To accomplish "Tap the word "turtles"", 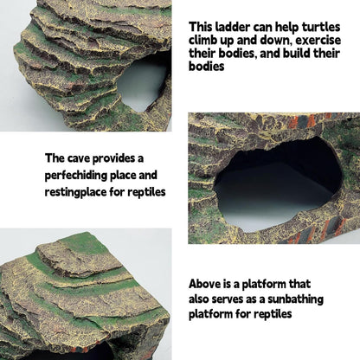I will point(317,27).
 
